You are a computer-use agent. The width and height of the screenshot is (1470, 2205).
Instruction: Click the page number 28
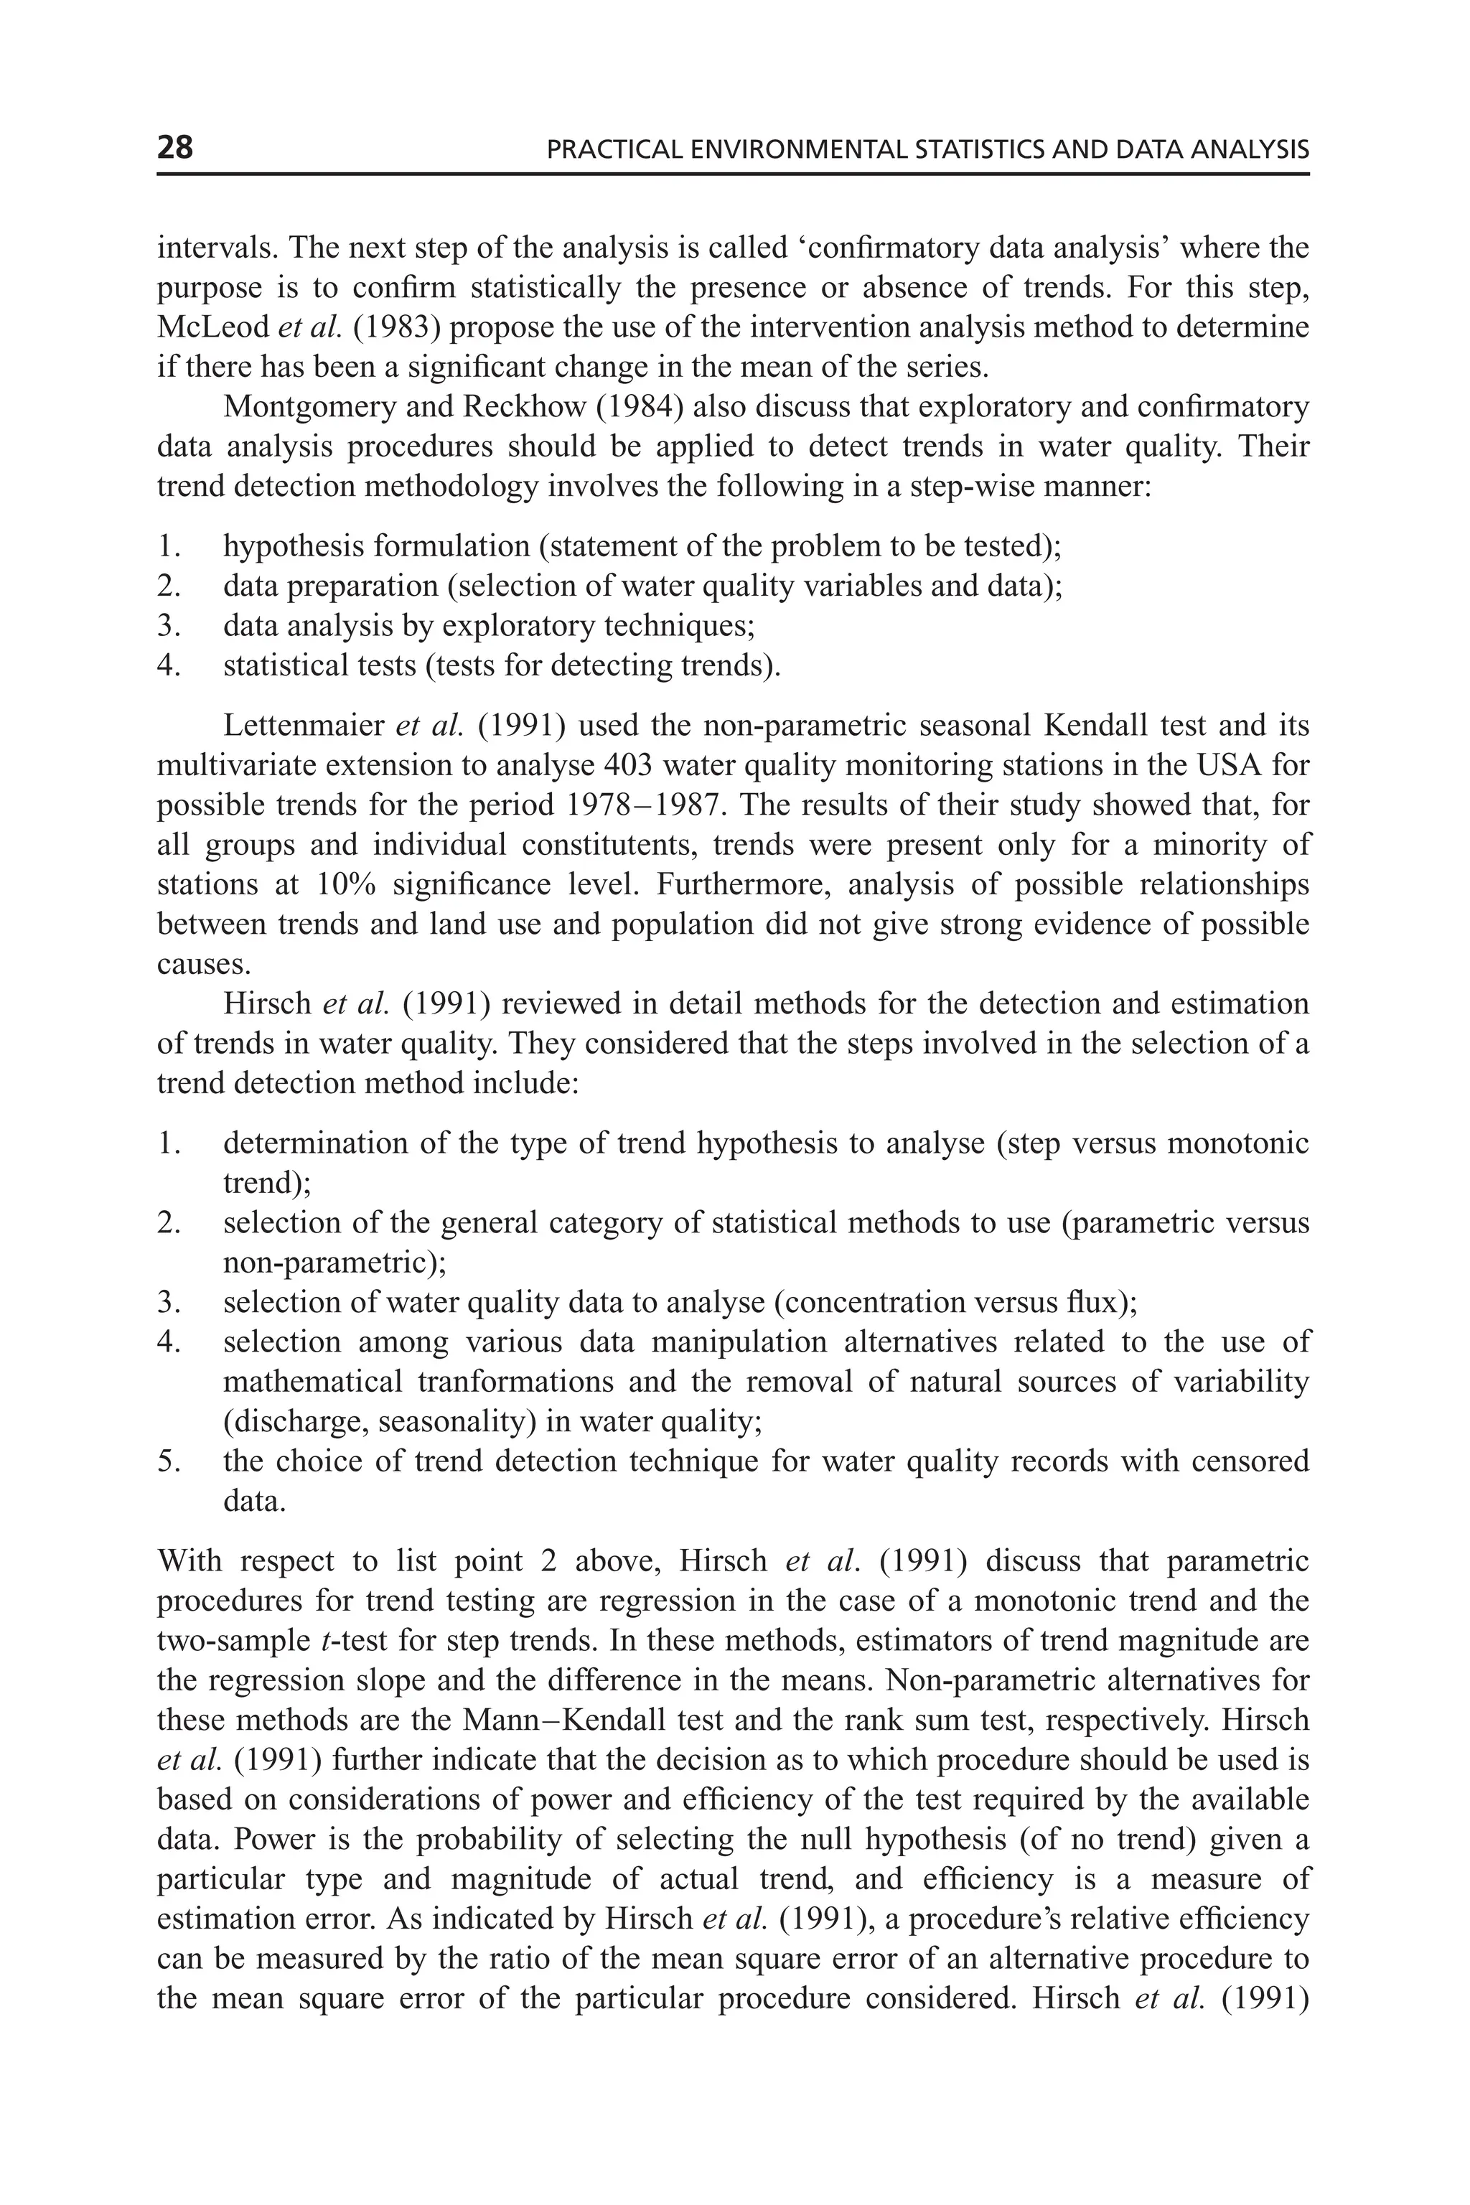(175, 147)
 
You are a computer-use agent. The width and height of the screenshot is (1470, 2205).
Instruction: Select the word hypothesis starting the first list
(290, 546)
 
